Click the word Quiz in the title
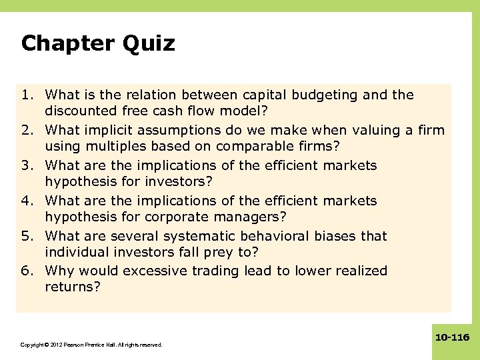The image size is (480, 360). (149, 44)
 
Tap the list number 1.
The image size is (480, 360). (27, 95)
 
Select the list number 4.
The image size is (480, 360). (27, 201)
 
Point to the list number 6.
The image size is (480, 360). (27, 271)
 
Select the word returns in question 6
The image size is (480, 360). (71, 286)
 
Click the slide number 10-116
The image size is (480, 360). (452, 338)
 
